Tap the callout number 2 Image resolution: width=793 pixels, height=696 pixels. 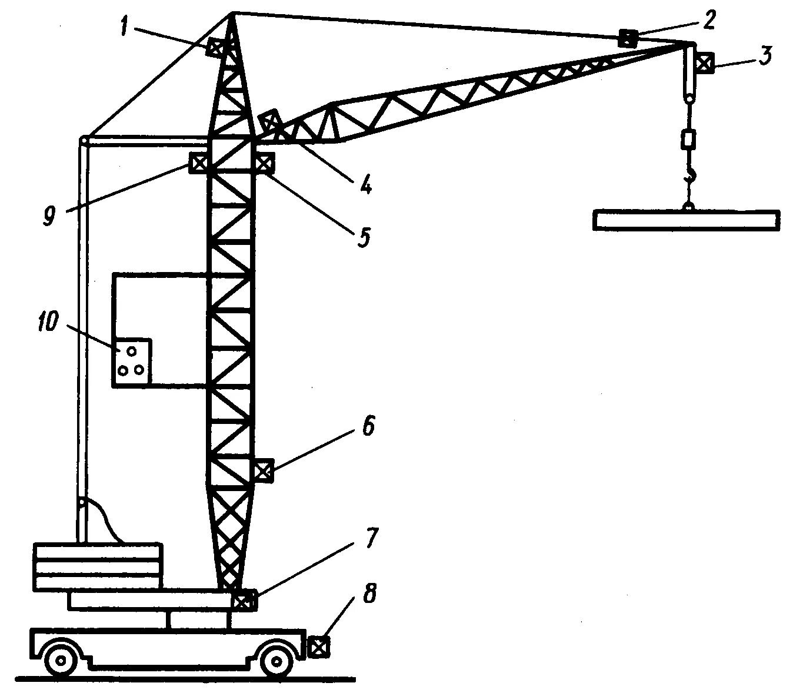709,21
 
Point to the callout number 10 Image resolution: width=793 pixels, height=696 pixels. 49,323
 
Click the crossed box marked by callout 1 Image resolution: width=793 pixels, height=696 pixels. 215,47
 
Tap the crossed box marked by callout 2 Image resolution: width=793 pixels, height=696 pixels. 627,39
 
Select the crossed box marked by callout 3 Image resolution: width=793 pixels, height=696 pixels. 705,62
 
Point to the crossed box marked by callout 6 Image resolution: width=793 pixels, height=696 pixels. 262,471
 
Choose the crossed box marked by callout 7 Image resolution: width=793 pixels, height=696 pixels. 242,601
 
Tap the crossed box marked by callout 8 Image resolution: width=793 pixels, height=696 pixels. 318,646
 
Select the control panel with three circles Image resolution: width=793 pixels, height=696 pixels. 132,362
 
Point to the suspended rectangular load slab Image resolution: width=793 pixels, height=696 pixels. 687,220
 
